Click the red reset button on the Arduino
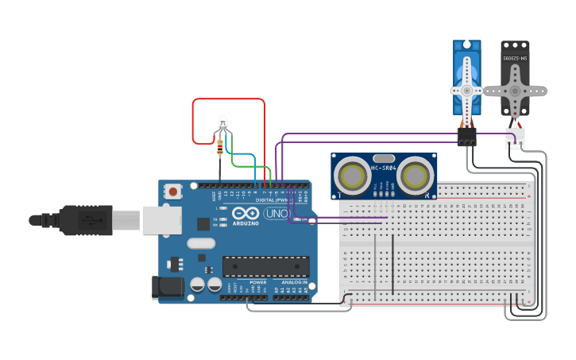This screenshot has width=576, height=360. tap(172, 191)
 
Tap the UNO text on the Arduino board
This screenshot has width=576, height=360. tap(276, 214)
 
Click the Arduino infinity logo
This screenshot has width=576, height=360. tap(246, 213)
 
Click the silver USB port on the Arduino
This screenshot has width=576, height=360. tap(162, 220)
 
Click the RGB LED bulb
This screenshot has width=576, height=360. tap(222, 122)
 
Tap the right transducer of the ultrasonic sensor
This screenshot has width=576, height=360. tap(416, 175)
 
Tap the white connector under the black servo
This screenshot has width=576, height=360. tap(515, 138)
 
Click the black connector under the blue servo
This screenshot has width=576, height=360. tap(466, 137)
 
